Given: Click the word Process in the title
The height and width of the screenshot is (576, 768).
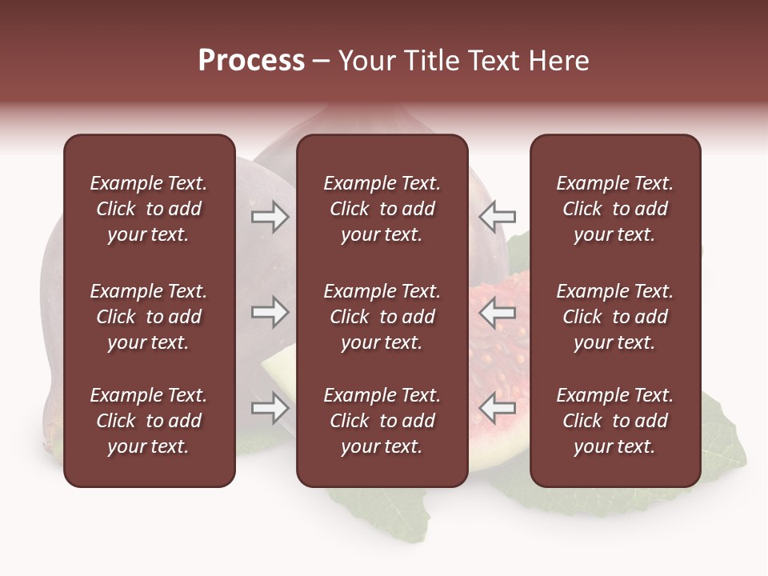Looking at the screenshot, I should click(x=251, y=61).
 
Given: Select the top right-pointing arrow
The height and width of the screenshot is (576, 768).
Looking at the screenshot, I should click(x=270, y=216).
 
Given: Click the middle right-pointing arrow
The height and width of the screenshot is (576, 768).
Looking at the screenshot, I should click(x=270, y=312).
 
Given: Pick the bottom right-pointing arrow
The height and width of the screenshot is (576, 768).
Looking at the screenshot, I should click(x=270, y=408).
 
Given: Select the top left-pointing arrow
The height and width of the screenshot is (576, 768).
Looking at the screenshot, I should click(x=498, y=216).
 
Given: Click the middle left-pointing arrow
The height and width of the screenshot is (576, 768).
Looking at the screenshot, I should click(x=498, y=312).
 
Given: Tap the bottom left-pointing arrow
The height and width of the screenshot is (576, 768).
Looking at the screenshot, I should click(x=498, y=408).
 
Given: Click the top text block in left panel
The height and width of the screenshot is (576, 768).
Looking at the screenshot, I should click(x=149, y=209).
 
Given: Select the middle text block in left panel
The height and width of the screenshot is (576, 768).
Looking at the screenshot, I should click(x=149, y=317).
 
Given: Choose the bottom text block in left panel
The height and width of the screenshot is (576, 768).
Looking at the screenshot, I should click(x=149, y=421).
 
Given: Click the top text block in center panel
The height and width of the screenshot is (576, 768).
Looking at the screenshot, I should click(x=382, y=209).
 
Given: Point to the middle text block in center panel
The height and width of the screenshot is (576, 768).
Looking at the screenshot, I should click(x=382, y=317).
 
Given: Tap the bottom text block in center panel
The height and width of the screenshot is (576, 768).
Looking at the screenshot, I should click(x=382, y=421).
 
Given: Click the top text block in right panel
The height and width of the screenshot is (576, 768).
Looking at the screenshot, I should click(x=614, y=209).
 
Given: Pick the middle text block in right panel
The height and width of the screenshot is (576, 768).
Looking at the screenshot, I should click(x=614, y=317).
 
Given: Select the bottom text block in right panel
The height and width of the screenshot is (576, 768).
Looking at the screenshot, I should click(x=614, y=421).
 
